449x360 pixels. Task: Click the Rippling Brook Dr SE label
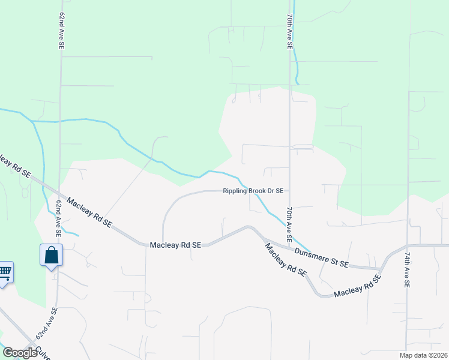[253, 191]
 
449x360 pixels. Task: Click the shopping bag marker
[52, 255]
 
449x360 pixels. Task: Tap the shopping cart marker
[5, 273]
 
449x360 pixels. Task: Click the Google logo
[20, 353]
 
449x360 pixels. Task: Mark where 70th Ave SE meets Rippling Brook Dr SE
[289, 191]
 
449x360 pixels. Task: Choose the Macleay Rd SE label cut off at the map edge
[15, 166]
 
